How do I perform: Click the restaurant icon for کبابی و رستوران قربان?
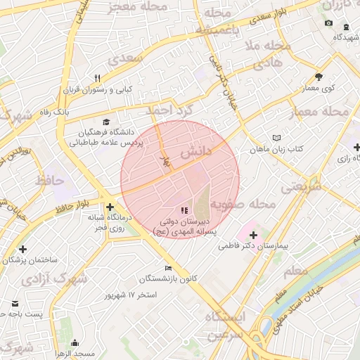[x=98, y=78]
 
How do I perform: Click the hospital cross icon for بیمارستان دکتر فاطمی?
[x=253, y=234]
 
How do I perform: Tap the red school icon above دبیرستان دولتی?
[x=184, y=210]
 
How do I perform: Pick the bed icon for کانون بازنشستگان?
[x=167, y=268]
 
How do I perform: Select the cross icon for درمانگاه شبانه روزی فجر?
[x=110, y=207]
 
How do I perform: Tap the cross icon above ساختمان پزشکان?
[x=23, y=249]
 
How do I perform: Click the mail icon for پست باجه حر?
[x=15, y=304]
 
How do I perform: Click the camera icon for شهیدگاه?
[x=328, y=24]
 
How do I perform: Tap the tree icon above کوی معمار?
[x=319, y=77]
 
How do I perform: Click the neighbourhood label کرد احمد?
[x=168, y=110]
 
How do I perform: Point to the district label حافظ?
[x=49, y=180]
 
